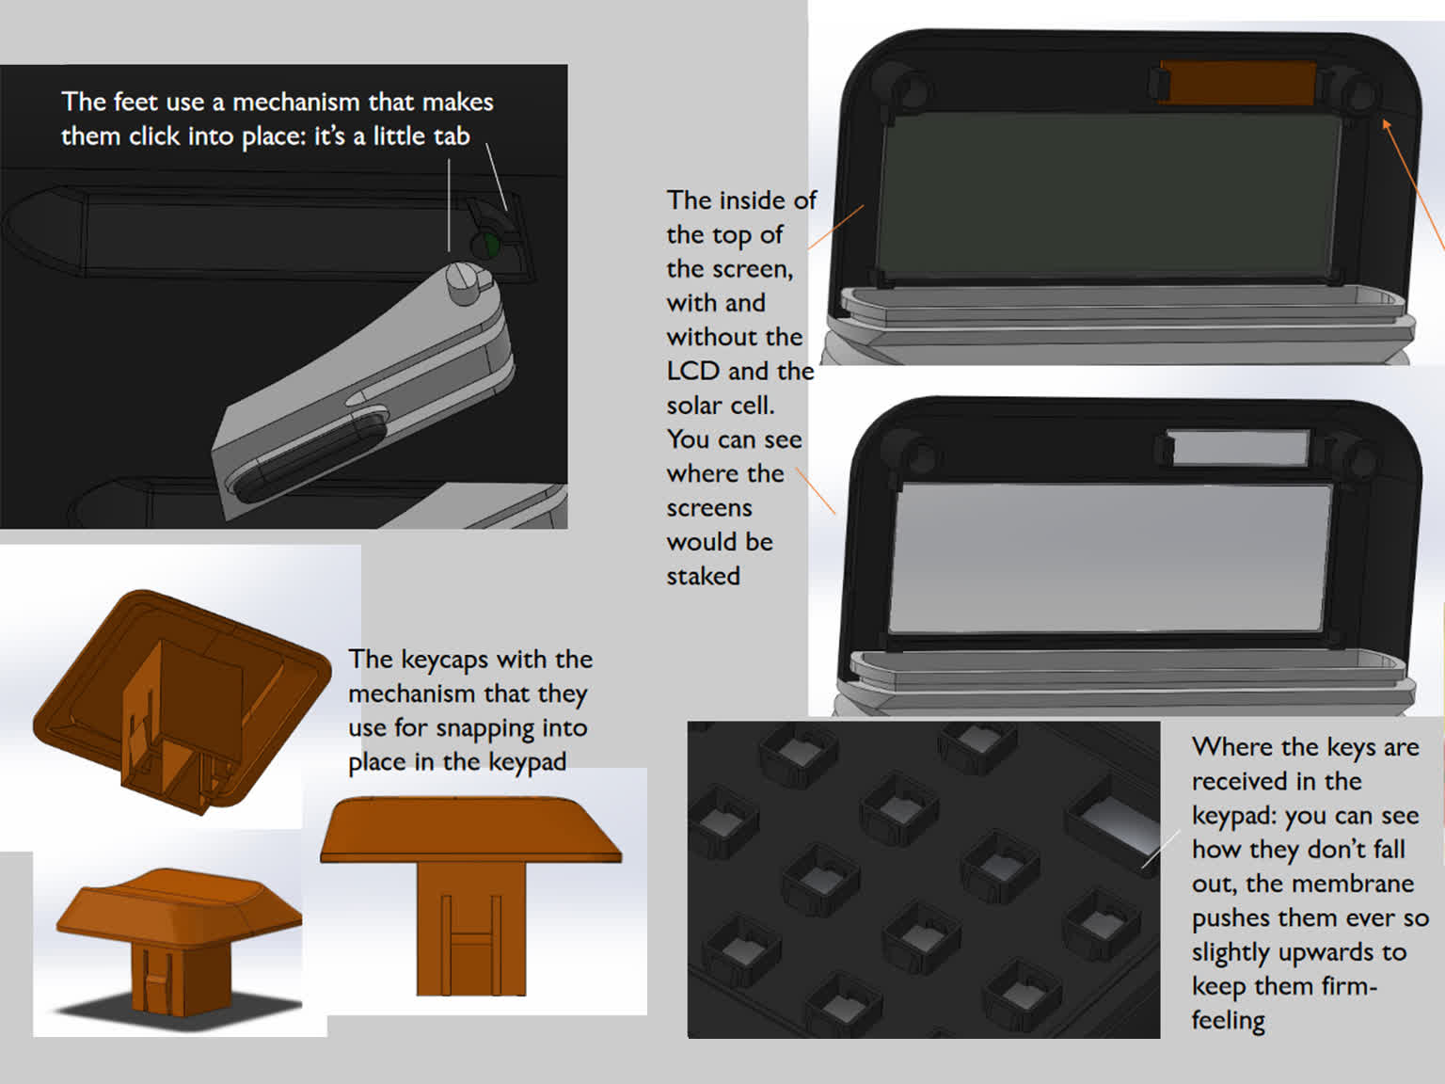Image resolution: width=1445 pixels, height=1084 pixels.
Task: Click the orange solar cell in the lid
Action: coord(1238,83)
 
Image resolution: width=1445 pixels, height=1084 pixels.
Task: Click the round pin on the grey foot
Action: coord(463,279)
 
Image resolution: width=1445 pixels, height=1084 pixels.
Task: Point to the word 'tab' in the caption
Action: coord(451,136)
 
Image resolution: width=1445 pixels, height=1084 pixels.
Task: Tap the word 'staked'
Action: coord(703,576)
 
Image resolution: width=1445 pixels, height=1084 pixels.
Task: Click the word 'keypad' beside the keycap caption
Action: coord(525,762)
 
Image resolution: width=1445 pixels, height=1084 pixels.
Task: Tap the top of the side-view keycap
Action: coord(470,828)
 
